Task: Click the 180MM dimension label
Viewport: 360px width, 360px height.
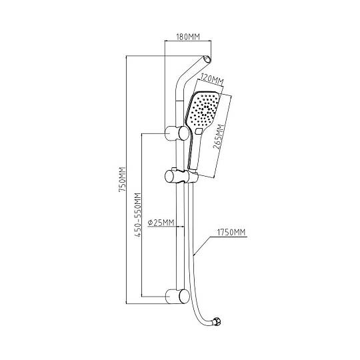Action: point(188,37)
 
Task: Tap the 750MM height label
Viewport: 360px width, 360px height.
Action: point(122,179)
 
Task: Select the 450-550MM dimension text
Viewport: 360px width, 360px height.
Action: point(137,215)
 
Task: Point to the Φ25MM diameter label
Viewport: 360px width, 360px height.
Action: point(161,223)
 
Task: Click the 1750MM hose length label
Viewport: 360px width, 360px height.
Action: point(231,233)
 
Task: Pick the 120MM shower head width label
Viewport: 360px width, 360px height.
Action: point(212,79)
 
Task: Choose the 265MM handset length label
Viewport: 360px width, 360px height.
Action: point(219,137)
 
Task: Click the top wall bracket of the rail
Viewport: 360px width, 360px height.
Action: point(177,133)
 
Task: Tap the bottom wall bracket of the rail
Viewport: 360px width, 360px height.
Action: point(177,296)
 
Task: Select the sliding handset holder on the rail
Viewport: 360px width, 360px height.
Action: point(181,176)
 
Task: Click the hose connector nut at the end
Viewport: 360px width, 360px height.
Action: point(217,321)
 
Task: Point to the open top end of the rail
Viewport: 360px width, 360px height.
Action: point(207,59)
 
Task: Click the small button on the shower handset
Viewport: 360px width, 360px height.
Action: point(199,131)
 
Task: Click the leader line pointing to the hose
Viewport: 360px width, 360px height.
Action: point(202,246)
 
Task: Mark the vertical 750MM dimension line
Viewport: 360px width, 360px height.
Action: point(126,179)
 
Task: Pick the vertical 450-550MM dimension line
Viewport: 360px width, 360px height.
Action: point(141,215)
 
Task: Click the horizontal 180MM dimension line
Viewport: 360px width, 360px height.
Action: point(188,41)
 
